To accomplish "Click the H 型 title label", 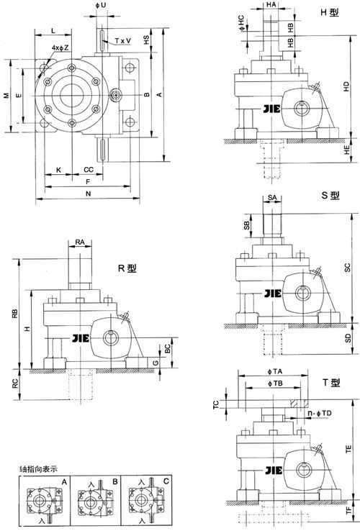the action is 330,12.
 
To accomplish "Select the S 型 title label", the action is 330,196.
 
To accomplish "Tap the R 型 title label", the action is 127,268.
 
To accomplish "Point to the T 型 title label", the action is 331,383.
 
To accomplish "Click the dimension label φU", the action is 101,6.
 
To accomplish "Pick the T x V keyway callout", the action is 122,41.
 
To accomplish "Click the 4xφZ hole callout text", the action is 60,47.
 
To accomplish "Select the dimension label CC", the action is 89,169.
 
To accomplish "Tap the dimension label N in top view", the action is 88,194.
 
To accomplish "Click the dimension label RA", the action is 80,242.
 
